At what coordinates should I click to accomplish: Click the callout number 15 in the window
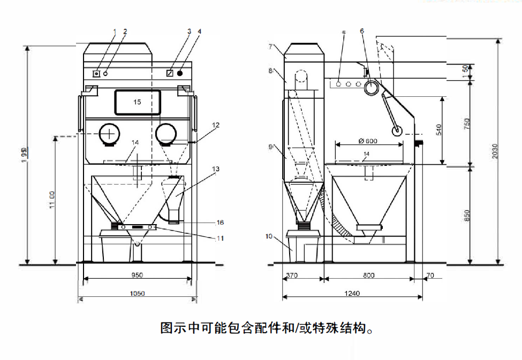click(x=137, y=102)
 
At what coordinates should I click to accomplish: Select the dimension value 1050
click(x=138, y=293)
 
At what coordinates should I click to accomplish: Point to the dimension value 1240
click(x=352, y=293)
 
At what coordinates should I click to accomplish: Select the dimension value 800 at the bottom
click(x=368, y=275)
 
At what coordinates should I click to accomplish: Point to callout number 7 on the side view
click(x=271, y=47)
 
